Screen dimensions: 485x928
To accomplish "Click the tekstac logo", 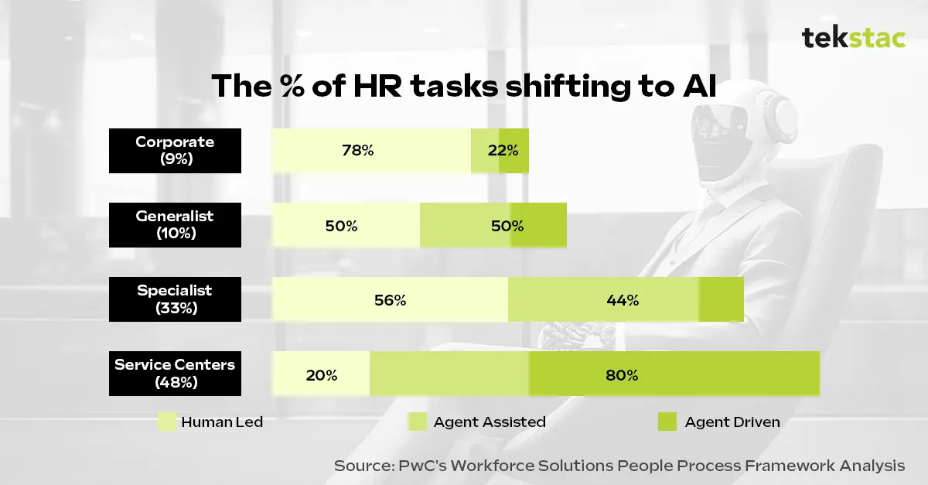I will pyautogui.click(x=853, y=37).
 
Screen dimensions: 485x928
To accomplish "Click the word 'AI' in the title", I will pyautogui.click(x=698, y=87).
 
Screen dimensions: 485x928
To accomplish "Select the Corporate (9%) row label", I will pyautogui.click(x=175, y=150).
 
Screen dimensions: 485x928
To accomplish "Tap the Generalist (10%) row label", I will pyautogui.click(x=175, y=224).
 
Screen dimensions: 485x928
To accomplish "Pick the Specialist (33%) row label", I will pyautogui.click(x=175, y=299).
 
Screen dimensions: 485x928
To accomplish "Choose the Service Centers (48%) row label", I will pyautogui.click(x=175, y=373).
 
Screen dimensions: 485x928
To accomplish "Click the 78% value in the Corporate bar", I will pyautogui.click(x=357, y=151).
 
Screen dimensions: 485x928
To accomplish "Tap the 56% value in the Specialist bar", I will pyautogui.click(x=390, y=300).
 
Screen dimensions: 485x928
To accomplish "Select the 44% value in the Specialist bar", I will pyautogui.click(x=623, y=300).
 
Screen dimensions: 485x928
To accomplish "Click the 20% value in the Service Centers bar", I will pyautogui.click(x=321, y=375).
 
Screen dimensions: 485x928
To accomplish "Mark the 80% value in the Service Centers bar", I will pyautogui.click(x=622, y=375).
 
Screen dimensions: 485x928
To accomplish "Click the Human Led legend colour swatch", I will pyautogui.click(x=166, y=422).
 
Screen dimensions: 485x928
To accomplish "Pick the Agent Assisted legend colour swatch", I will pyautogui.click(x=417, y=422).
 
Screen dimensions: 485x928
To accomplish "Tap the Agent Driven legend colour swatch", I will pyautogui.click(x=667, y=422).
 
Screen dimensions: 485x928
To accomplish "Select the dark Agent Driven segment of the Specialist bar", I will pyautogui.click(x=721, y=299).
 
